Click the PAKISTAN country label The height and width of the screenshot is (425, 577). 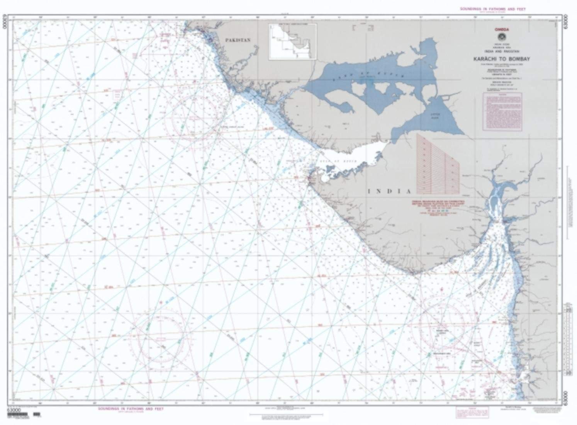point(238,40)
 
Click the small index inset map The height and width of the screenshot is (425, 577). point(292,42)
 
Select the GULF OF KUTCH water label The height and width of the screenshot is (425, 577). point(328,160)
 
